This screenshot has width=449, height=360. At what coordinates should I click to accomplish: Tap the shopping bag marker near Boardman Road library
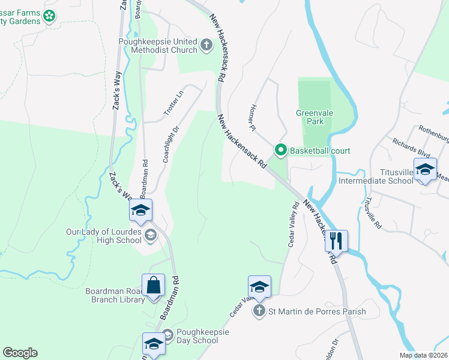point(153,285)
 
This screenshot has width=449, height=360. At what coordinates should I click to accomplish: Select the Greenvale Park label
point(310,117)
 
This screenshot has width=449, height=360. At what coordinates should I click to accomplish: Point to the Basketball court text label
point(319,151)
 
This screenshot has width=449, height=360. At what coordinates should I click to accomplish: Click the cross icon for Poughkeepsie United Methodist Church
point(206,44)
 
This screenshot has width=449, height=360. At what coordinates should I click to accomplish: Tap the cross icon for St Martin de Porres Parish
point(259,311)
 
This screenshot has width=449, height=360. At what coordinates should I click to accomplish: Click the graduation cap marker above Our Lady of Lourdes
point(140,209)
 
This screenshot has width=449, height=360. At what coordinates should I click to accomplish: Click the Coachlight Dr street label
point(171,145)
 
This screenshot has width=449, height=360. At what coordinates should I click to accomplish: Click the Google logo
point(20,353)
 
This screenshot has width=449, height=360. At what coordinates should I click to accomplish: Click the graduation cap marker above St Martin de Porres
point(259,286)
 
